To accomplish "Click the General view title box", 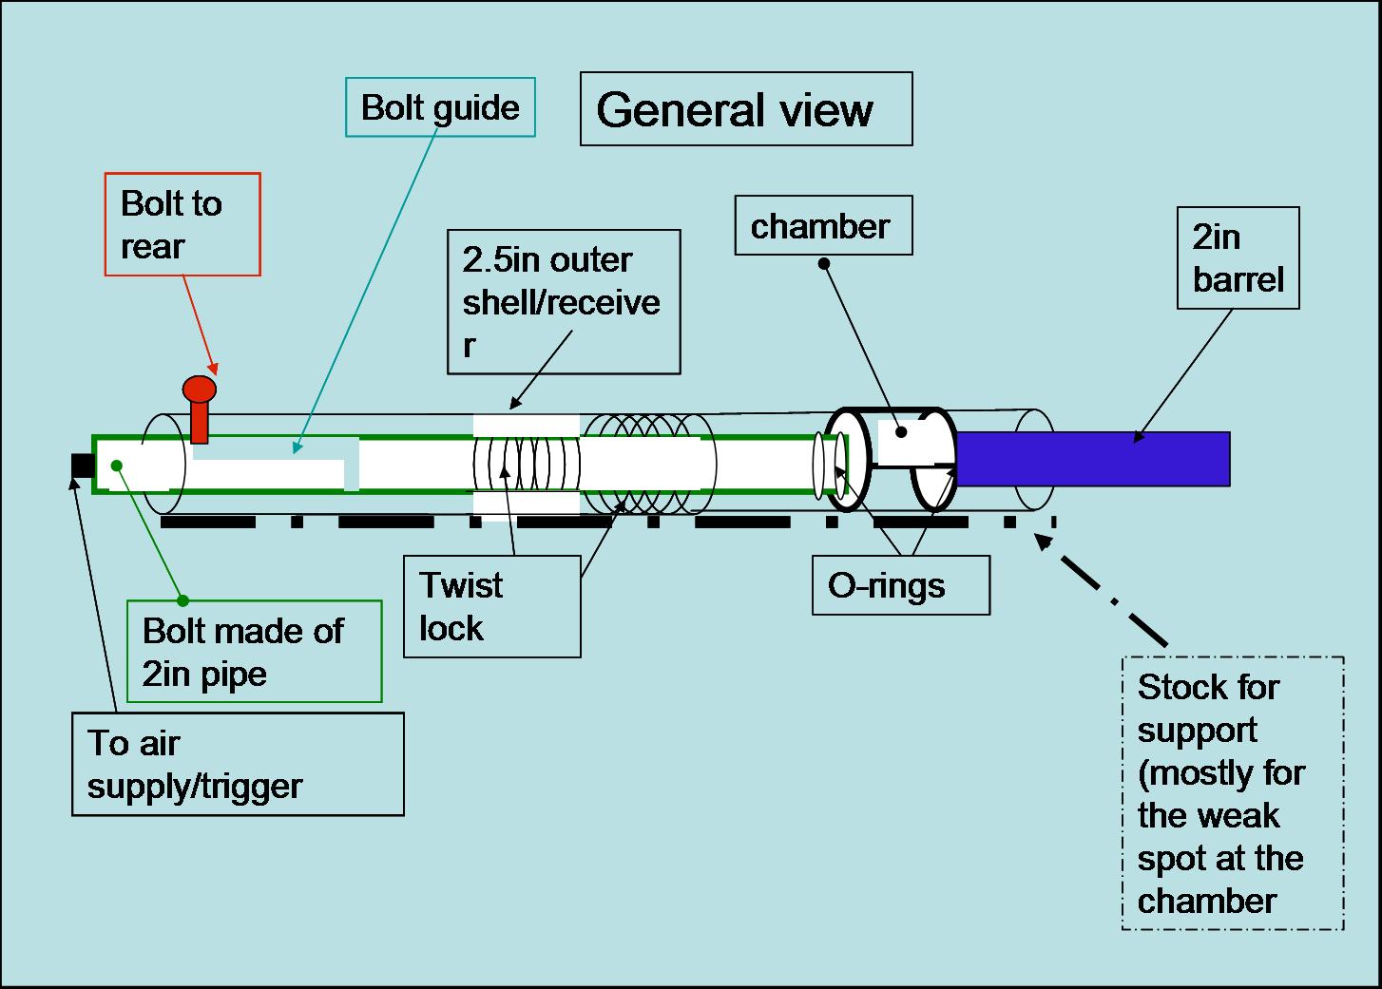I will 746,109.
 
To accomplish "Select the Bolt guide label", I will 440,107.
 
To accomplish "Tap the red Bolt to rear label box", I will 182,224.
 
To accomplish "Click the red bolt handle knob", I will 200,390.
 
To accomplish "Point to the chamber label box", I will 823,226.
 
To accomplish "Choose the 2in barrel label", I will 1238,257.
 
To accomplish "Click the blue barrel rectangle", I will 1093,459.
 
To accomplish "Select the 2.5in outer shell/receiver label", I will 564,301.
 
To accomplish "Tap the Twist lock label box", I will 491,606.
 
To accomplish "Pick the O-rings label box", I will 901,585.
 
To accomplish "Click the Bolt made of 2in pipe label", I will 254,652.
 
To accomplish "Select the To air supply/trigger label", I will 238,764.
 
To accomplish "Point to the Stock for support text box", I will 1233,793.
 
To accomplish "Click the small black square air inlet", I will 83,466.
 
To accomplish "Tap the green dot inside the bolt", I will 116,465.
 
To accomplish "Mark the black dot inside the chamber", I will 900,432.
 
